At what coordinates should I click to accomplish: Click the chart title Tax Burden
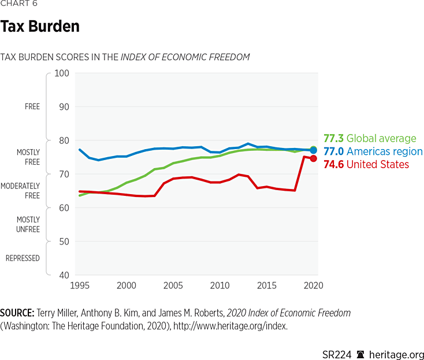40,27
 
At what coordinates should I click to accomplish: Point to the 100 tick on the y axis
61,73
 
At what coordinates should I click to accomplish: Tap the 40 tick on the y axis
63,275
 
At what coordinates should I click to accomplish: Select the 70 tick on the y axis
63,174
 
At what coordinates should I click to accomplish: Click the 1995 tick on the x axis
80,285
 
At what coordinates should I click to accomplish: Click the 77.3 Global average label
370,139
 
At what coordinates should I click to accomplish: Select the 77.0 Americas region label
373,151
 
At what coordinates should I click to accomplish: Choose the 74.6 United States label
366,165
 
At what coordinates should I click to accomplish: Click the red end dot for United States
314,158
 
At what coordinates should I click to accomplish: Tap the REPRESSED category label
23,258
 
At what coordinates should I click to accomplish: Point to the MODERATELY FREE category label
20,191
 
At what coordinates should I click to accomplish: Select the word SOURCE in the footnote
17,313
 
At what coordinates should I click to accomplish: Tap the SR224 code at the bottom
337,354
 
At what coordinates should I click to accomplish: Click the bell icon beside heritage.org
360,354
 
